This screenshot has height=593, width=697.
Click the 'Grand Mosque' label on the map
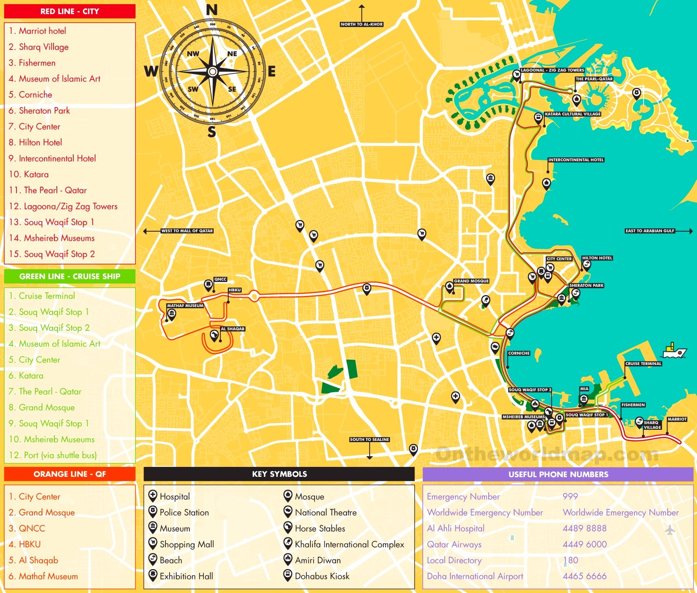(x=471, y=281)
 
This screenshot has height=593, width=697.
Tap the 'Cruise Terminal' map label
(x=643, y=363)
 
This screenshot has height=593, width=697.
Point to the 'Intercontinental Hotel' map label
(x=576, y=160)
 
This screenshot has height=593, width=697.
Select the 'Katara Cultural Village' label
(x=572, y=114)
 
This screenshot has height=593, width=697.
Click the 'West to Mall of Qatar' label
(x=187, y=231)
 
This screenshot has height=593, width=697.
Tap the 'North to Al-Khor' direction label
(x=361, y=24)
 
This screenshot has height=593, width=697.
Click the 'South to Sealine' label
(x=369, y=440)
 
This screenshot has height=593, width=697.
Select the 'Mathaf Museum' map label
(x=185, y=306)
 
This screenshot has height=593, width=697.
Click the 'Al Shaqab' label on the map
(x=233, y=329)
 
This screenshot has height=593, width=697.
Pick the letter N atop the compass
(x=212, y=10)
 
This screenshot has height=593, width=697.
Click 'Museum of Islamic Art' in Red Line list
(x=59, y=79)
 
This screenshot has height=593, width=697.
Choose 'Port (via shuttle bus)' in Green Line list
(x=60, y=455)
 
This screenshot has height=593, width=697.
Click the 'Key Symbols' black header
(x=279, y=474)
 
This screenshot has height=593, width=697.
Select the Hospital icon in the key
(x=152, y=496)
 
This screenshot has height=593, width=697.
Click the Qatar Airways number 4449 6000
(x=584, y=544)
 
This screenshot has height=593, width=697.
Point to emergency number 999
(x=570, y=497)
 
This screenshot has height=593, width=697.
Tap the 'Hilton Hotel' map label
(x=597, y=258)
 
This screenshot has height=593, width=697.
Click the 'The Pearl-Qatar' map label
(x=594, y=79)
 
